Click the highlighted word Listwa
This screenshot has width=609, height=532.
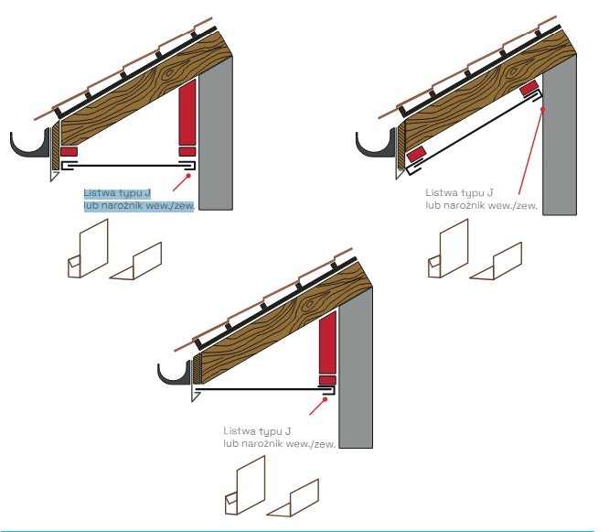[100, 193]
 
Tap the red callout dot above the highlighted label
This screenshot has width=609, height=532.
[188, 176]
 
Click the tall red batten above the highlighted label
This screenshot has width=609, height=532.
[187, 112]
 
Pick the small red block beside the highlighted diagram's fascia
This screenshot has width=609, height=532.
[69, 151]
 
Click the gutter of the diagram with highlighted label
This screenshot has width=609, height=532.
[30, 145]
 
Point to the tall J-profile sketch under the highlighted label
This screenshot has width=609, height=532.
[88, 249]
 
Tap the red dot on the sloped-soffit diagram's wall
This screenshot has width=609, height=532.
[543, 109]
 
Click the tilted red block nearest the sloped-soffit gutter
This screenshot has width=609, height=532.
[416, 154]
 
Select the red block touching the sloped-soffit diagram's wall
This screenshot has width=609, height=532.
[529, 88]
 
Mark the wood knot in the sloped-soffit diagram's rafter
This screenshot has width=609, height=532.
[514, 71]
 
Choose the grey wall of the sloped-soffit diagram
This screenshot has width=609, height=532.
[560, 135]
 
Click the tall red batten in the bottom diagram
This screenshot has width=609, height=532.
[327, 342]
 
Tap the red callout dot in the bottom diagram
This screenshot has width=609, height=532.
[326, 399]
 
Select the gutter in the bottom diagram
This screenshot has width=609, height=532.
[175, 375]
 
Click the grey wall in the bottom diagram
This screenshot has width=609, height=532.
[356, 367]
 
